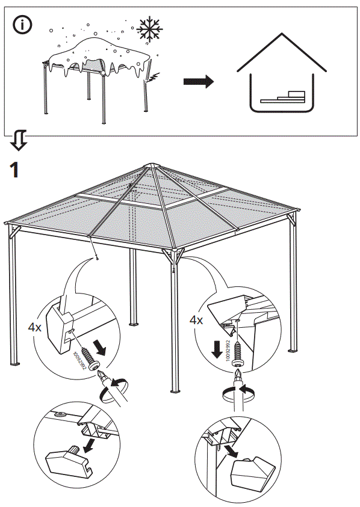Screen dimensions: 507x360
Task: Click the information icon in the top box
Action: [x=23, y=25]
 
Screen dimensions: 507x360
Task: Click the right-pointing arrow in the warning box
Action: [x=199, y=81]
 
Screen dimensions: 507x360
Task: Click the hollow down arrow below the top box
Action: [x=19, y=140]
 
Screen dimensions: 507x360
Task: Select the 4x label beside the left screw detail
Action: [x=35, y=328]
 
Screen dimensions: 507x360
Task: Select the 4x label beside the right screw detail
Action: [x=196, y=321]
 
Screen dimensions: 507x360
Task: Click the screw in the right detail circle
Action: [x=240, y=349]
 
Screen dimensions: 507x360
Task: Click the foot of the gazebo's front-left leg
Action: [x=14, y=364]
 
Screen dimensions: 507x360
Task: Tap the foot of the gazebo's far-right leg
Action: [x=293, y=350]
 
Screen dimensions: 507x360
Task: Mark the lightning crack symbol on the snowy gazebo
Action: [x=153, y=77]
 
